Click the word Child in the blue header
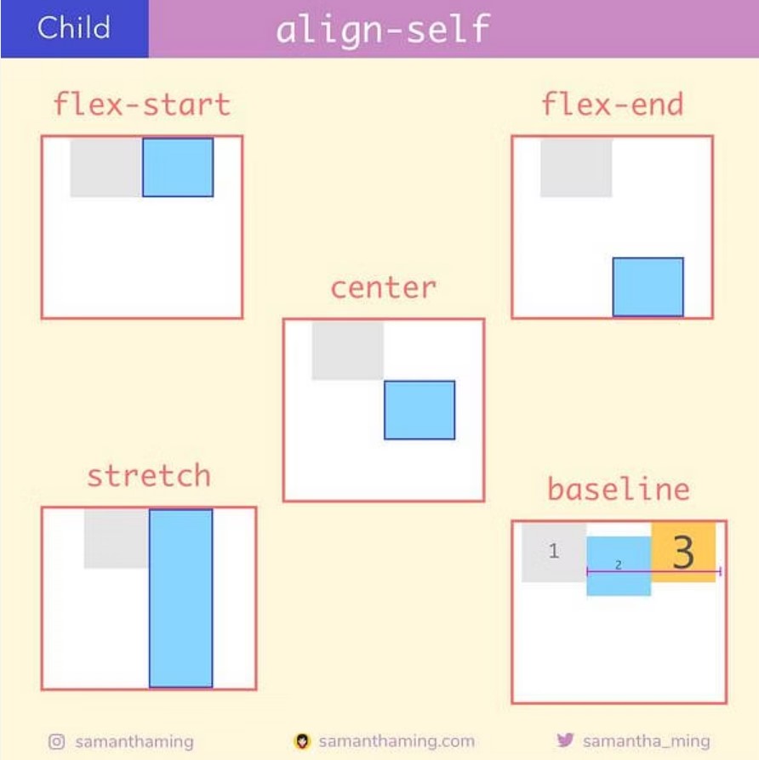[74, 27]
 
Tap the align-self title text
[383, 29]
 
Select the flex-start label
[142, 105]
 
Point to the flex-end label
[613, 105]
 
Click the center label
[384, 288]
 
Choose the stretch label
[149, 475]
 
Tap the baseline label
[619, 489]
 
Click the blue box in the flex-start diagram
[178, 167]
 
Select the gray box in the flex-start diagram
[106, 167]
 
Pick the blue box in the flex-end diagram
[648, 287]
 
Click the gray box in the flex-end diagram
[577, 167]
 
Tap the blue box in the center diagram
[419, 410]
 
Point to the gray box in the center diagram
[347, 351]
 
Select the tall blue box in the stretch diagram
[180, 598]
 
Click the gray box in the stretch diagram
[117, 538]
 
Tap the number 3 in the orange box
[683, 552]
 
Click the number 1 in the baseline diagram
[554, 551]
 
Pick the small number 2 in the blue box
[619, 565]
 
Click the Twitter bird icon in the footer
[565, 740]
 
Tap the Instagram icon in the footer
[57, 741]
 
